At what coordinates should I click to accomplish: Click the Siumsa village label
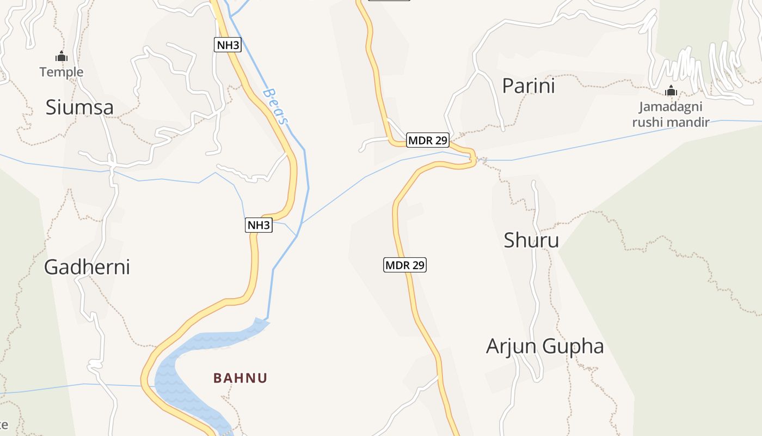tap(79, 107)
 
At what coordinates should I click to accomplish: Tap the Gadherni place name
tap(87, 267)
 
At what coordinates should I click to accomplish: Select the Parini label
tap(528, 86)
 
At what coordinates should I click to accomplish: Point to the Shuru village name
tap(531, 240)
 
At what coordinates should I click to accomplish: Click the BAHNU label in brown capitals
tap(241, 378)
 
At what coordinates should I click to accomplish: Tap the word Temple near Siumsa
tap(62, 72)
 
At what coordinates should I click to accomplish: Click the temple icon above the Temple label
tap(61, 56)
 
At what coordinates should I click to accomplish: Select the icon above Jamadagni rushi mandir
tap(671, 90)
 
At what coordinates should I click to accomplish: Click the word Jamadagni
tap(671, 107)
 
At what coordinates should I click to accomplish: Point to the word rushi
tap(649, 122)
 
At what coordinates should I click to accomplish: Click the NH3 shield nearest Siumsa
tap(228, 45)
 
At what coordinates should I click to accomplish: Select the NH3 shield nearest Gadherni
tap(259, 225)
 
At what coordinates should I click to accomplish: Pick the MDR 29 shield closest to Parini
tap(428, 141)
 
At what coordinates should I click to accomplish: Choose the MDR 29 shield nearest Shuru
tap(405, 265)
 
